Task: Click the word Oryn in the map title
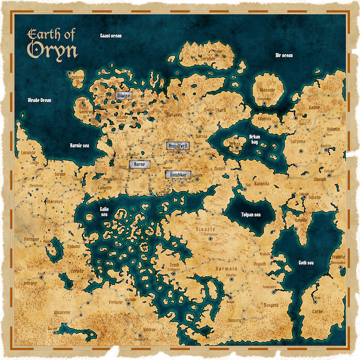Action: click(53, 50)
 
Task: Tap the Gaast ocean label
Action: click(111, 35)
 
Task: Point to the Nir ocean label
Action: click(284, 55)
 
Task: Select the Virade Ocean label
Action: click(40, 100)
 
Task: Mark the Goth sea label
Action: click(307, 263)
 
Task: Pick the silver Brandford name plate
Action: click(175, 146)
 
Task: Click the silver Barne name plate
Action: click(139, 165)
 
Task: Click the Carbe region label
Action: click(318, 312)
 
